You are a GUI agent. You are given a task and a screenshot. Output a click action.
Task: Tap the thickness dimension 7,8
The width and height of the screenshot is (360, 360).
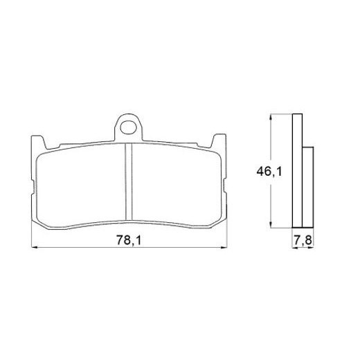[x=302, y=240]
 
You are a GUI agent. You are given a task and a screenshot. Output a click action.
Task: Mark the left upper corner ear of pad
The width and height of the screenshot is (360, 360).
[x=39, y=142]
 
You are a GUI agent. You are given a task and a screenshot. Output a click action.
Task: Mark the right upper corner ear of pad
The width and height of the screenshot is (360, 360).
[x=219, y=142]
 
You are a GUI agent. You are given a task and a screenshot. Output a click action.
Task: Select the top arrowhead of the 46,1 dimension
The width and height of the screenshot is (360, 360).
[x=271, y=117]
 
